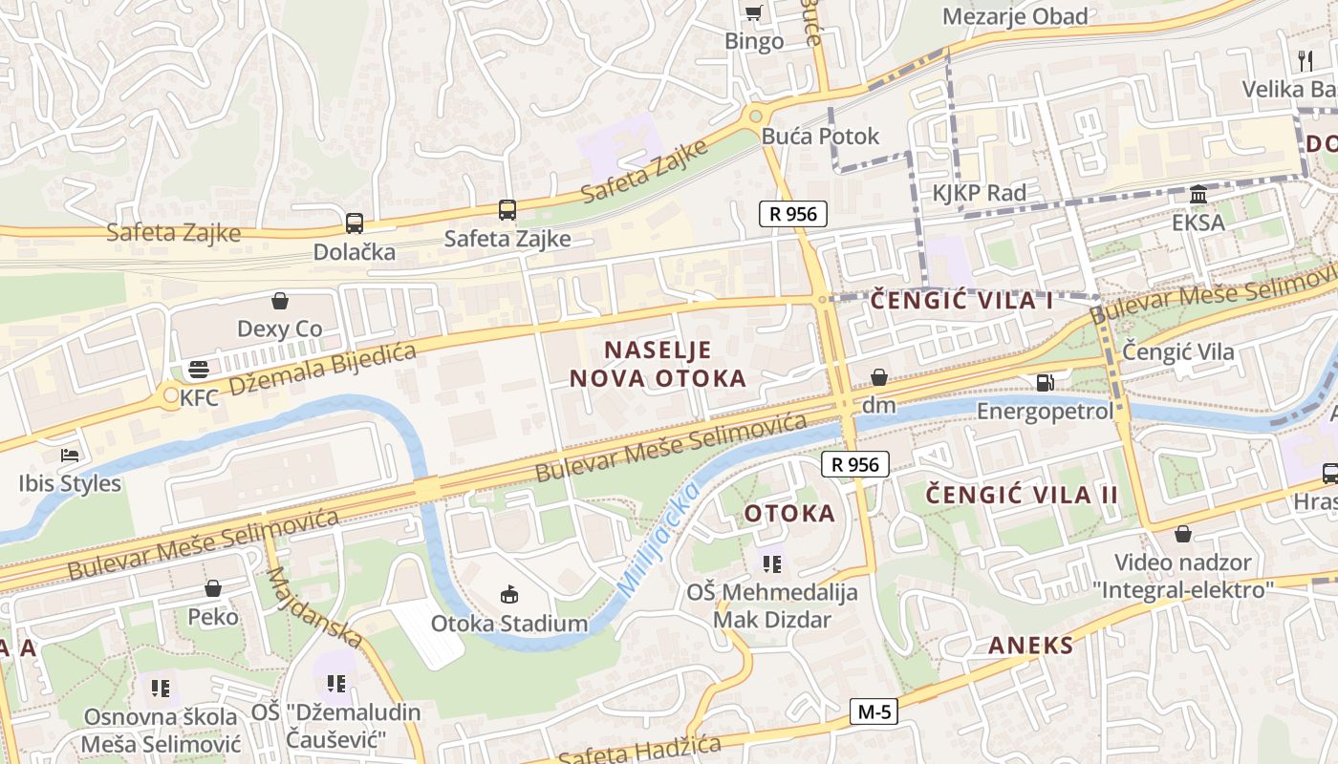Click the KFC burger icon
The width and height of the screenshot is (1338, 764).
pos(199,369)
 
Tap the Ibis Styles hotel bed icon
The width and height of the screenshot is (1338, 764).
pos(70,455)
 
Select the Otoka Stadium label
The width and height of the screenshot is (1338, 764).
pos(509,624)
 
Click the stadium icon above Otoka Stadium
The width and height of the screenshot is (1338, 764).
pos(509,595)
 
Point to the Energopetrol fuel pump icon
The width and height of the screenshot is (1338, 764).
pos(1046,383)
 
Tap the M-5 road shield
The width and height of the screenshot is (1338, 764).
pos(874,711)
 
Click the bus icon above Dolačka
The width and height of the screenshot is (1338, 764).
pos(355,223)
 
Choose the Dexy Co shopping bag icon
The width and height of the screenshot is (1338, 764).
pos(280,302)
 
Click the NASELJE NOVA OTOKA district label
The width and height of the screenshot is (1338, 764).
pos(658,363)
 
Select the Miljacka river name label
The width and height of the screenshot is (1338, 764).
pos(658,541)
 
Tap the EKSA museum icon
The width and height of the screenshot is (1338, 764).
pos(1198,196)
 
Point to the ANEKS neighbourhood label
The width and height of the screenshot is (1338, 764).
pos(1031,645)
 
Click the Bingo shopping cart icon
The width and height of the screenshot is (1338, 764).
pos(754,12)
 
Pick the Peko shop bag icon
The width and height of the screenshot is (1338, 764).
pos(213,588)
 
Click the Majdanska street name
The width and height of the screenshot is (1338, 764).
pos(313,607)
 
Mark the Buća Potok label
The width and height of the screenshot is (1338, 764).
pos(820,137)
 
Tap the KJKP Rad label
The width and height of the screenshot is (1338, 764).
pos(980,193)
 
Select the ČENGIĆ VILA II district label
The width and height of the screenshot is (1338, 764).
pos(1022,495)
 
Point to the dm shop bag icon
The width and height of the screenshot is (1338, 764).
pos(879,378)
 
